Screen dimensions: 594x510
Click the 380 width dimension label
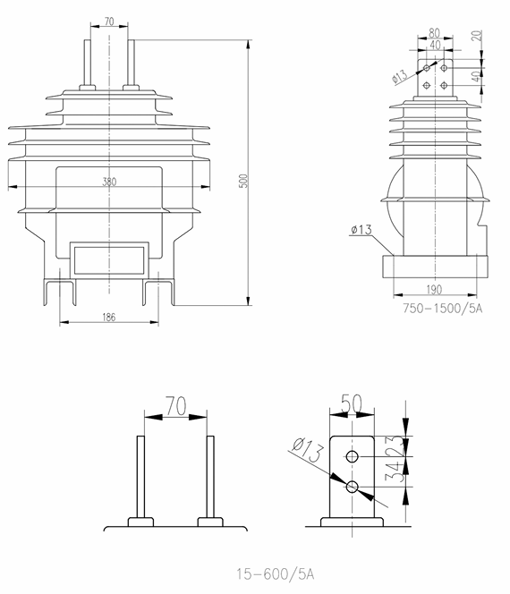pyautogui.click(x=109, y=182)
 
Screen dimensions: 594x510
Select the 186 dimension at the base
pyautogui.click(x=108, y=317)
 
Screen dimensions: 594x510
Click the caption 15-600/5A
pyautogui.click(x=276, y=573)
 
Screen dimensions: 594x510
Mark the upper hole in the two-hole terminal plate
pyautogui.click(x=353, y=457)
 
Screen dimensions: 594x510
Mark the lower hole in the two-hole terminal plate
pyautogui.click(x=353, y=487)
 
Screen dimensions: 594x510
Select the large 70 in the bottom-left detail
pyautogui.click(x=174, y=408)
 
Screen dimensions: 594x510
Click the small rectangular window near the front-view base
pyautogui.click(x=109, y=259)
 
